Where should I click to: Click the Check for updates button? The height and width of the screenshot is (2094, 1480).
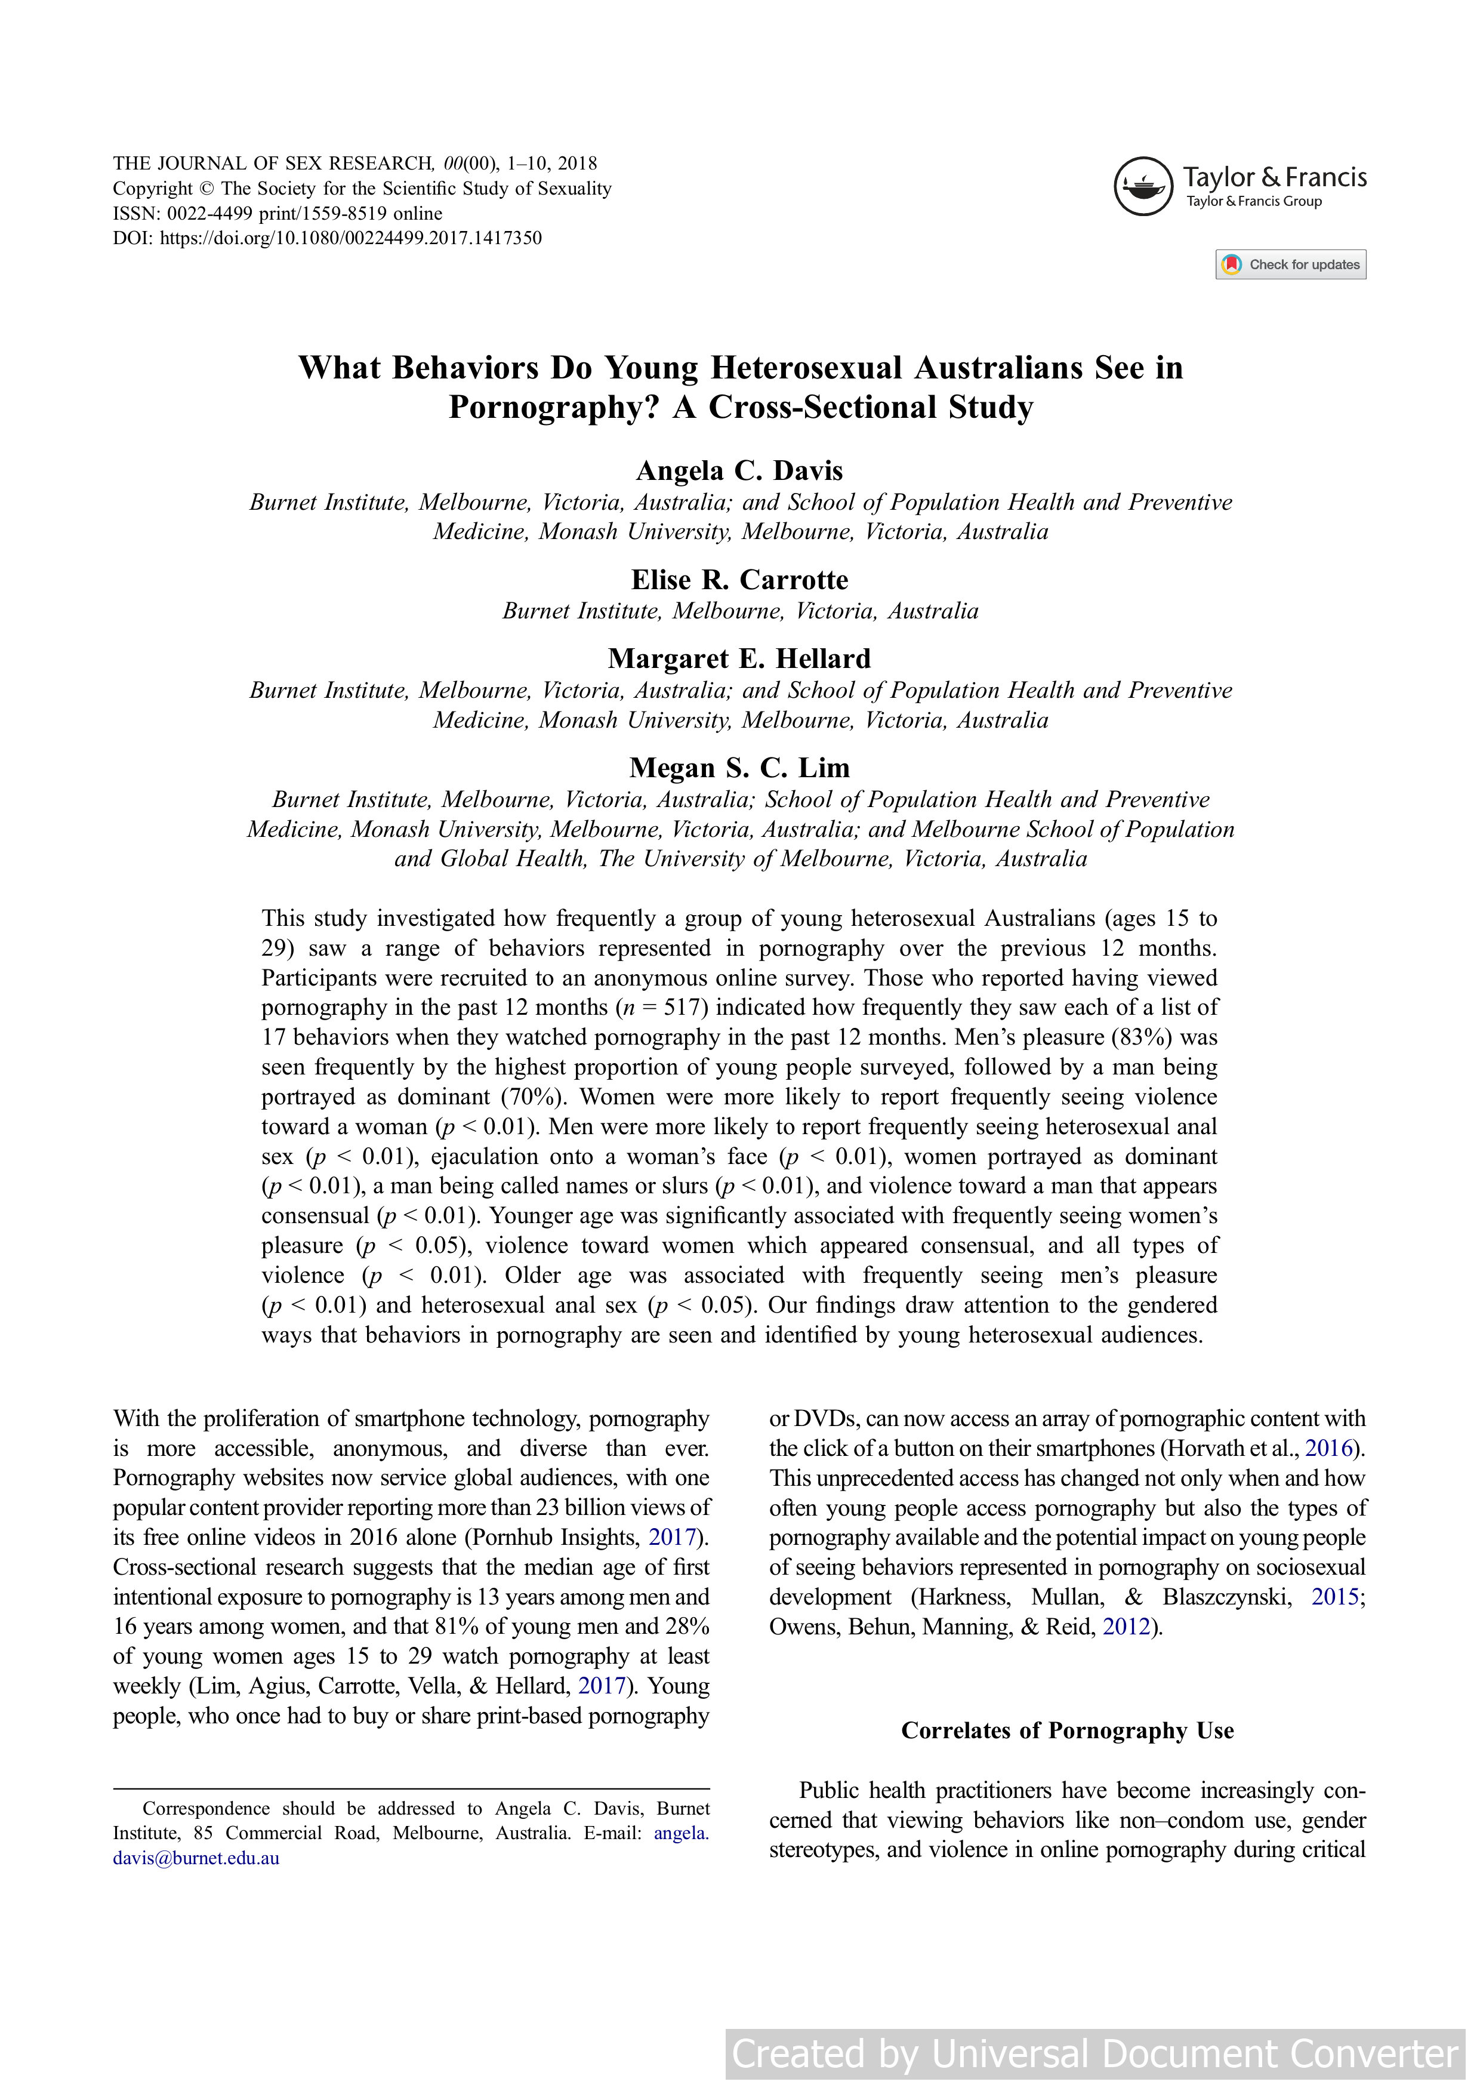coord(1290,264)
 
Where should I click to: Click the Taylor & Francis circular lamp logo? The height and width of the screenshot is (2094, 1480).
coord(1143,186)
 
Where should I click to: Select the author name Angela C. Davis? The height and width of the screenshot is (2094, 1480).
coord(739,470)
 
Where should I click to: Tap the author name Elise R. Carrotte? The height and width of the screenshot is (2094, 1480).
coord(739,580)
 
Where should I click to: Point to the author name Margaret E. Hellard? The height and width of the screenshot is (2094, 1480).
coord(739,658)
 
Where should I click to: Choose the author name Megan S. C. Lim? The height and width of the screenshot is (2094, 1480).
coord(739,768)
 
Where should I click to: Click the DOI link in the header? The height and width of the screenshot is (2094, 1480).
coord(350,238)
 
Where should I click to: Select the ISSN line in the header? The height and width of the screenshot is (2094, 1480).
coord(277,214)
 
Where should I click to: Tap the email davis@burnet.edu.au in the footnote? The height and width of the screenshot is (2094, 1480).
coord(196,1858)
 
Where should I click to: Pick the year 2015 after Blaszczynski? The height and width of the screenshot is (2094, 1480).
coord(1335,1597)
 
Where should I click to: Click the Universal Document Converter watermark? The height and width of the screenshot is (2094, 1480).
coord(1094,2054)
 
